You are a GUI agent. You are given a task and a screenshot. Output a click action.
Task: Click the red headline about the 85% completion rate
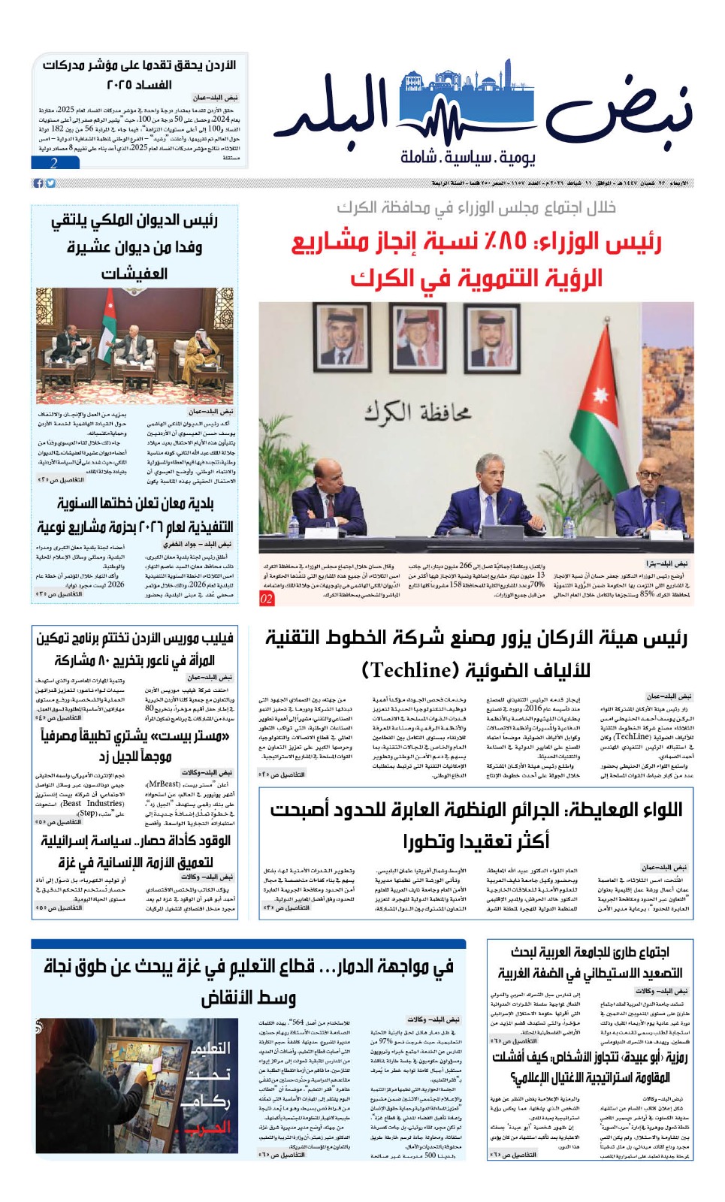[476, 259]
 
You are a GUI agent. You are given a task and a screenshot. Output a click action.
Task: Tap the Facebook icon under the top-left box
[38, 183]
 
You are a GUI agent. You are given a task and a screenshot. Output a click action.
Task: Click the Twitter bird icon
[50, 183]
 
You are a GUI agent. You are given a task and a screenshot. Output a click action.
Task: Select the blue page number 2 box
[54, 163]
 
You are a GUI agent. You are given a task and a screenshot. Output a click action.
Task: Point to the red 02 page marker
[267, 599]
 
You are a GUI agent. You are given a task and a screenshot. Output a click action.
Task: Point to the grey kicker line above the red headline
[476, 207]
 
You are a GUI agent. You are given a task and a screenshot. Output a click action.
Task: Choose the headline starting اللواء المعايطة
[476, 824]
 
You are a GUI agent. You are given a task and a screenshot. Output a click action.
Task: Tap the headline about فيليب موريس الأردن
[135, 649]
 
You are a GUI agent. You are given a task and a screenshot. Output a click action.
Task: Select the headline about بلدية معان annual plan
[135, 515]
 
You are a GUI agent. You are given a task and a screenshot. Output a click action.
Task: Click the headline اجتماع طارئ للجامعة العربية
[589, 962]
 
